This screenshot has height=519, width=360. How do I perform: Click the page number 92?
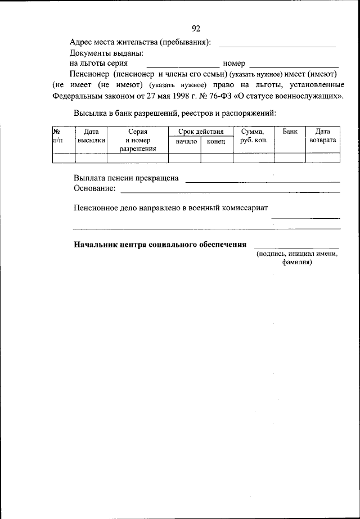point(196,29)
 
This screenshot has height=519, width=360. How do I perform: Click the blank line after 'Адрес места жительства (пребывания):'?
point(277,44)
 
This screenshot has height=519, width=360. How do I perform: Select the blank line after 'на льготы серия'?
point(186,66)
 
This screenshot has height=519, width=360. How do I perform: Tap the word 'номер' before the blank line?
point(234,64)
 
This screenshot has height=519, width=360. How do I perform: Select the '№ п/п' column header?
point(57,136)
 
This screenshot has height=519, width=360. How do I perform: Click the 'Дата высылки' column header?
point(91,136)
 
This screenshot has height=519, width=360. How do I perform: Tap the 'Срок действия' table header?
point(201,131)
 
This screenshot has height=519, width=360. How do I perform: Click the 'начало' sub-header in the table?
point(186,142)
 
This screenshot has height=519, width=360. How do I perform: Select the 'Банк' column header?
point(290,131)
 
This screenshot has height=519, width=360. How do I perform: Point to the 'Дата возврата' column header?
point(322,136)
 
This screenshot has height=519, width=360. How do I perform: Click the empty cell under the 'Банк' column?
point(290,158)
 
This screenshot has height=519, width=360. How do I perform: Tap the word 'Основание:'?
point(94,188)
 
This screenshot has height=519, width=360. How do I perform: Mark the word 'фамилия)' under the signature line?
point(297,262)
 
